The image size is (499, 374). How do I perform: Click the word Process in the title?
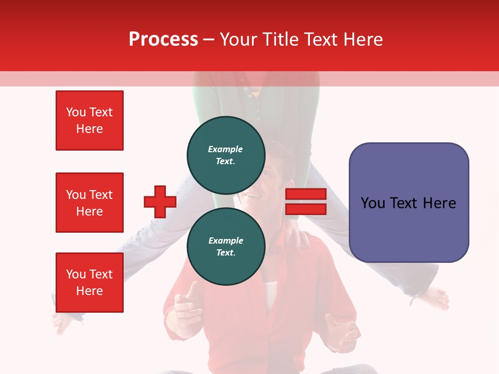pyautogui.click(x=163, y=39)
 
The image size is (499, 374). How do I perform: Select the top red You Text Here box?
pyautogui.click(x=89, y=121)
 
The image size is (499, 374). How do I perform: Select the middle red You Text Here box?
pyautogui.click(x=89, y=203)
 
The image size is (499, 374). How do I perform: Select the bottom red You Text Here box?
pyautogui.click(x=89, y=283)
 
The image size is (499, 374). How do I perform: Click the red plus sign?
pyautogui.click(x=160, y=202)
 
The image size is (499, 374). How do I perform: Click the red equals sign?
pyautogui.click(x=306, y=202)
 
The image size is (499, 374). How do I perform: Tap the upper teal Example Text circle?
pyautogui.click(x=226, y=155)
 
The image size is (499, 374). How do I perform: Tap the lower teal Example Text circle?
pyautogui.click(x=226, y=246)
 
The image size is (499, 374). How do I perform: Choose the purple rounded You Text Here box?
pyautogui.click(x=409, y=203)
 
